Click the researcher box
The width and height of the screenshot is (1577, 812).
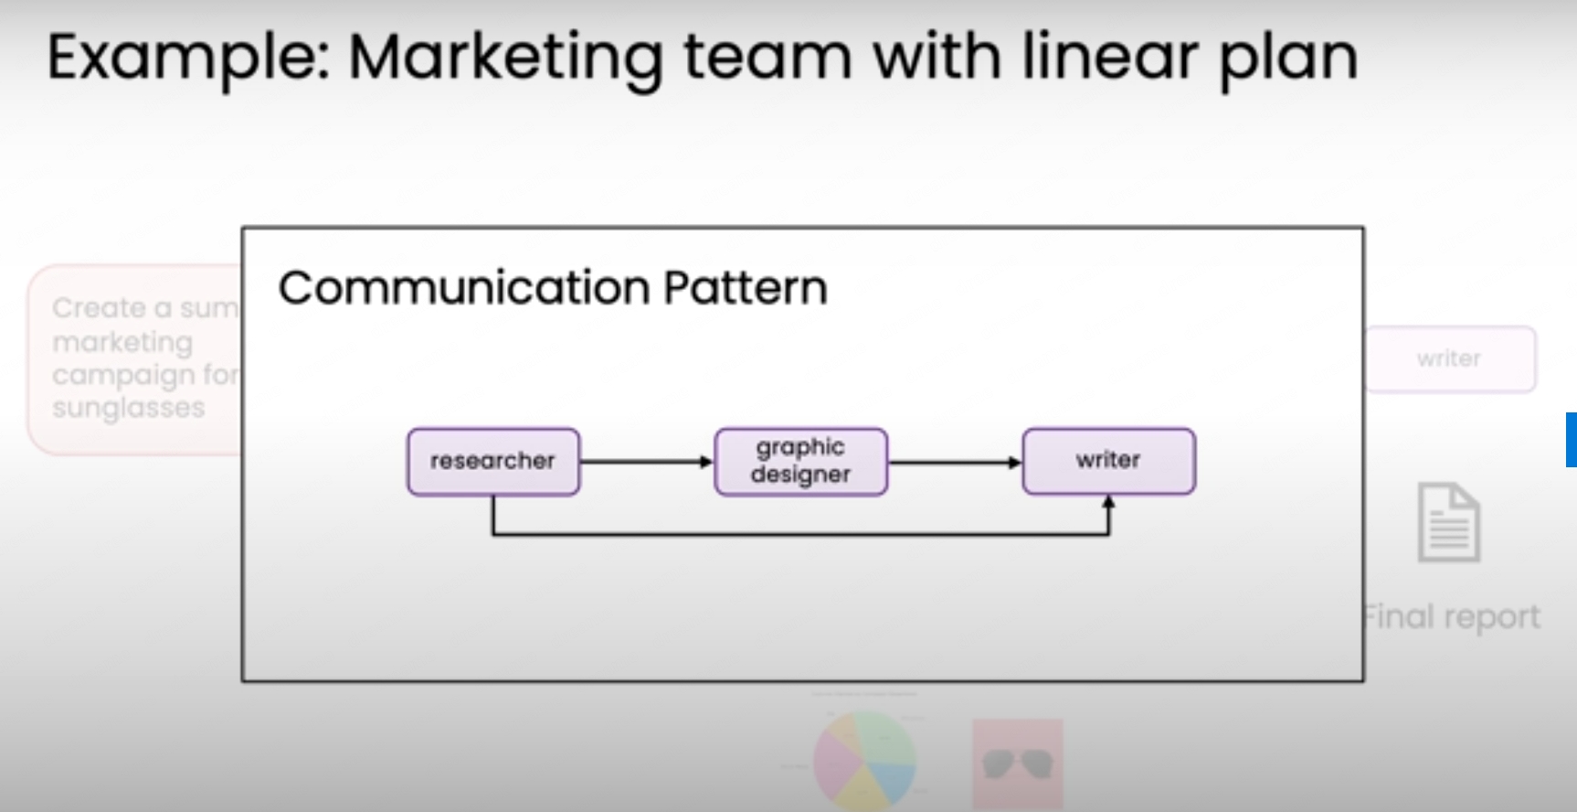(x=493, y=462)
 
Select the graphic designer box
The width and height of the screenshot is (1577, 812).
(x=800, y=462)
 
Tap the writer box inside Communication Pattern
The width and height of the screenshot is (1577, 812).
(x=1108, y=461)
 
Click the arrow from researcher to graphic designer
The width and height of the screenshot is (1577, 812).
(x=646, y=462)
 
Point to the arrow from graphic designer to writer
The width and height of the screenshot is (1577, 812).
(x=954, y=462)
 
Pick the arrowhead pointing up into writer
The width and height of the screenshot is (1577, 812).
(x=1108, y=502)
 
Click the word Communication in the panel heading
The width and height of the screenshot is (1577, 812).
(x=464, y=288)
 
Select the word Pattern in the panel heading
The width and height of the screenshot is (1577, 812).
(x=746, y=288)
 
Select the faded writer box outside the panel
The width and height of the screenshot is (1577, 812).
(x=1450, y=359)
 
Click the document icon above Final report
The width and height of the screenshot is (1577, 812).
(x=1448, y=523)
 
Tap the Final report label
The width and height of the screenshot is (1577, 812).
(x=1452, y=617)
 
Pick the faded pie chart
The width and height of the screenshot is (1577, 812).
(x=863, y=761)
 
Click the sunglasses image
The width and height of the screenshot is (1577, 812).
(x=1017, y=764)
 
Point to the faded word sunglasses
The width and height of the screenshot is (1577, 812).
(x=128, y=408)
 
